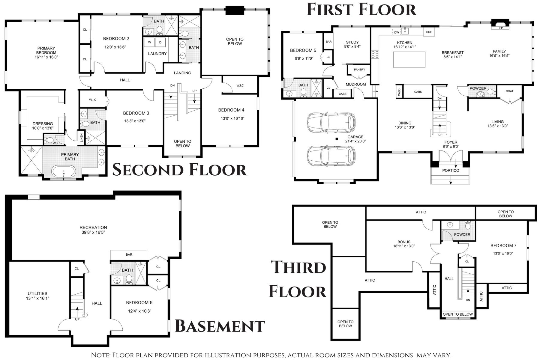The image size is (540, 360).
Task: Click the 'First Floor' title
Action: coord(361,9)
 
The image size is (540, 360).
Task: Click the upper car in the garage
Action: coord(331,122)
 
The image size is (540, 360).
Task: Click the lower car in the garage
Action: coord(331,156)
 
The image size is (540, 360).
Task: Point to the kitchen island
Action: coord(409,59)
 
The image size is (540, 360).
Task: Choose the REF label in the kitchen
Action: coord(429,32)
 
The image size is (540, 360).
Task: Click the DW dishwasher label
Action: coord(397,32)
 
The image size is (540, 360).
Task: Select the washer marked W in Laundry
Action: coord(149,42)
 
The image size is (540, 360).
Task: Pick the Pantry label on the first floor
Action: coord(359,70)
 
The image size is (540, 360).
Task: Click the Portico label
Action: coord(451,171)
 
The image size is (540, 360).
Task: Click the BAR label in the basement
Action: coord(129,255)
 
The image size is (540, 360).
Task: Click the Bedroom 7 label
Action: coord(503,246)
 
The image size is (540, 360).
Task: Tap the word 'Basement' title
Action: coord(220,326)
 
